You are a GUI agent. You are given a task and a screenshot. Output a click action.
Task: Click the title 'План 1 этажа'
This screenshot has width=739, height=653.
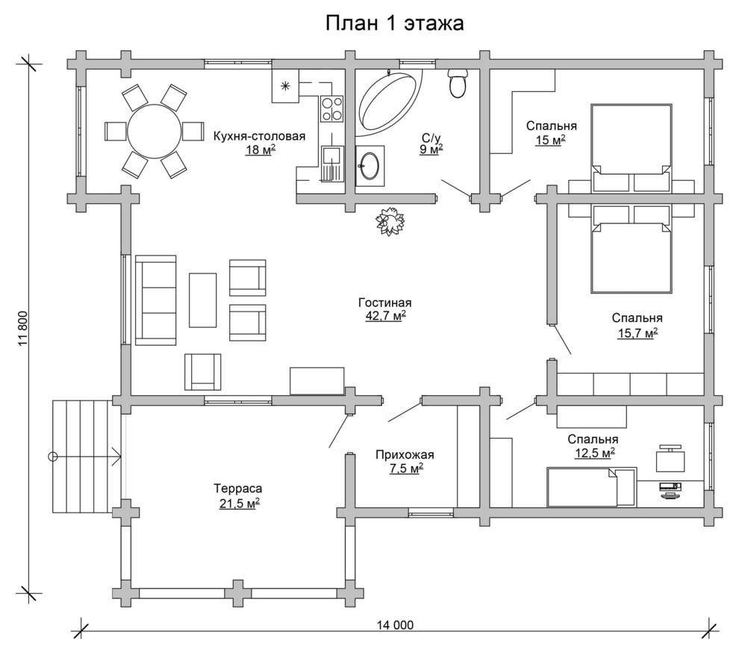pos(394,23)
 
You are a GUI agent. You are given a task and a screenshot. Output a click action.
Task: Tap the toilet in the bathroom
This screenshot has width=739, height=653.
pos(457,83)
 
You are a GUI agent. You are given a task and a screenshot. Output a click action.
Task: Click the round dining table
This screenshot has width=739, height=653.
pos(154,131)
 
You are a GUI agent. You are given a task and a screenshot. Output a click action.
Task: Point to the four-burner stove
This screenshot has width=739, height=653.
pos(332,108)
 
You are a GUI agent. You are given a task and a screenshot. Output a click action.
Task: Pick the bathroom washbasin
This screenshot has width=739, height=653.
pos(369,166)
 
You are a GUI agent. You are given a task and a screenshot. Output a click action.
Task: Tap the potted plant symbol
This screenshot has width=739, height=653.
pos(390,220)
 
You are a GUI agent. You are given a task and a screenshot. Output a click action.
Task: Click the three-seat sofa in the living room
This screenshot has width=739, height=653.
pos(155,300)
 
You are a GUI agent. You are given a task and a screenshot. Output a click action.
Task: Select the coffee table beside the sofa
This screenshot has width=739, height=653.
pos(202,300)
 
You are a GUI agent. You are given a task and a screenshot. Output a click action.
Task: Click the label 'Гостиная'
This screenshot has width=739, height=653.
pos(385,303)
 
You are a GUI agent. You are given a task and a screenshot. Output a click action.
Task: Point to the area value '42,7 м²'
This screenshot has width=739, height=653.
pos(386,315)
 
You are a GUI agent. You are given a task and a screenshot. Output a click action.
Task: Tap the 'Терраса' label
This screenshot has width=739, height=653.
pos(238,489)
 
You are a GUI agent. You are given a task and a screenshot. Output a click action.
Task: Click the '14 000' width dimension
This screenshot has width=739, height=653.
pos(396,625)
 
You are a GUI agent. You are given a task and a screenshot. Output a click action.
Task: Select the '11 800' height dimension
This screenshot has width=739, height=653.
pos(24,329)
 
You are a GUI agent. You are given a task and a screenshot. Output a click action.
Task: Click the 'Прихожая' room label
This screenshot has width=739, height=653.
pos(405,455)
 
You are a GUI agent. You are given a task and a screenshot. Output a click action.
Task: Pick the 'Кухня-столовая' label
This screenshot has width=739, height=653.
pos(259,137)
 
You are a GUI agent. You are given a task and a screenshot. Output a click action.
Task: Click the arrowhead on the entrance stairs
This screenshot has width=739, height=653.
pos(118,457)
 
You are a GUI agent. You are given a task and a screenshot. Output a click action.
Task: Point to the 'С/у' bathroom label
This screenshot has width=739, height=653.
pos(431,137)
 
